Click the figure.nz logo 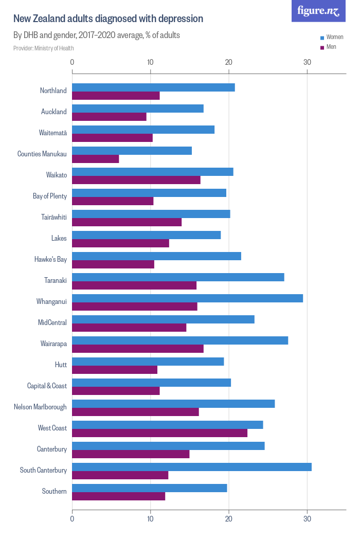[x=319, y=11]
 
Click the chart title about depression [x=108, y=19]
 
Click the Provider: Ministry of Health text [x=44, y=48]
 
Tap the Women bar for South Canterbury [x=191, y=467]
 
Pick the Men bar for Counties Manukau [x=95, y=159]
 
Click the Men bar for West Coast [x=159, y=433]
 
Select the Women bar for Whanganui [x=187, y=298]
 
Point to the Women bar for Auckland [x=137, y=109]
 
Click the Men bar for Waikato [x=136, y=180]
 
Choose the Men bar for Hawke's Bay [x=113, y=264]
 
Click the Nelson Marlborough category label [x=40, y=407]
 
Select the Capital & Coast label [x=47, y=386]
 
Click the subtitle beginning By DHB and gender [x=96, y=35]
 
